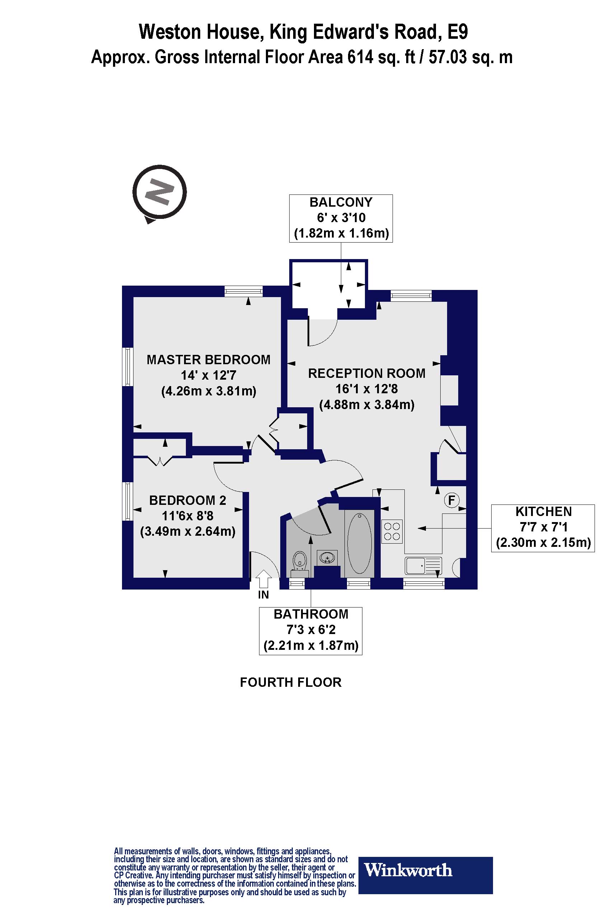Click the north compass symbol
pyautogui.click(x=159, y=193)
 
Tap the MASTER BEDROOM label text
pyautogui.click(x=208, y=360)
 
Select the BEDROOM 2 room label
pyautogui.click(x=188, y=500)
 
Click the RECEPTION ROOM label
pyautogui.click(x=366, y=374)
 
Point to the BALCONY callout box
pyautogui.click(x=341, y=218)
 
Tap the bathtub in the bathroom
pyautogui.click(x=359, y=544)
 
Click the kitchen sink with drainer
pyautogui.click(x=423, y=566)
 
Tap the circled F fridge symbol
pyautogui.click(x=452, y=500)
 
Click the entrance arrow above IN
pyautogui.click(x=264, y=579)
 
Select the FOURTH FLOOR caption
pyautogui.click(x=291, y=682)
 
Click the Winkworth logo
pyautogui.click(x=425, y=870)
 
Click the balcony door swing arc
pyautogui.click(x=323, y=333)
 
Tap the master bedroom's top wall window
pyautogui.click(x=244, y=291)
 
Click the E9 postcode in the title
pyautogui.click(x=457, y=32)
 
